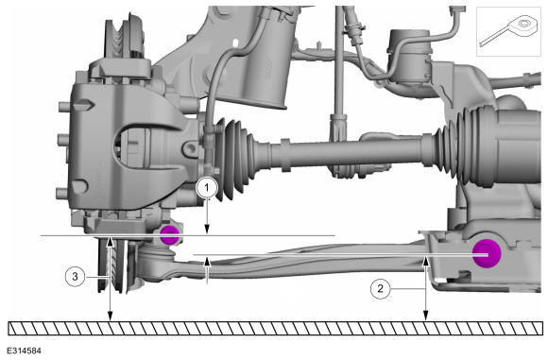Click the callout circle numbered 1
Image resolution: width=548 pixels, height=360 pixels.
click(207, 188)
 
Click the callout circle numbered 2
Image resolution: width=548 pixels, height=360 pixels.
click(380, 288)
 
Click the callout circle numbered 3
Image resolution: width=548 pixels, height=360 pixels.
click(76, 277)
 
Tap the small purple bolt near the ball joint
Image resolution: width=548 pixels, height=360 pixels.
click(170, 235)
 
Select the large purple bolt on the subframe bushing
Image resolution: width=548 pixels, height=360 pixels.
click(487, 254)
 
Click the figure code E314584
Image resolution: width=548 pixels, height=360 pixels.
click(25, 351)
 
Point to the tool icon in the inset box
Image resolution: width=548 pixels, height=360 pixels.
click(508, 30)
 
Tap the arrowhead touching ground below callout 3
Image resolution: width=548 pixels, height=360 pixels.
click(111, 317)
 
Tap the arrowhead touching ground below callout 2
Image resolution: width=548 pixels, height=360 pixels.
click(426, 316)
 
